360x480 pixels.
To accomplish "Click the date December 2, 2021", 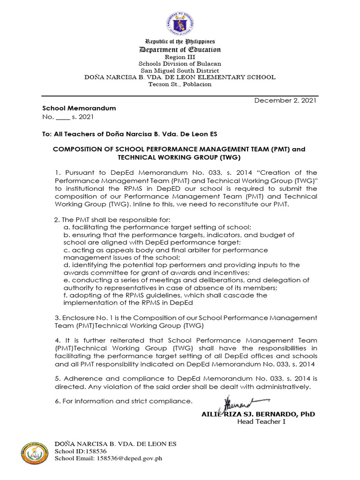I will click(285, 100).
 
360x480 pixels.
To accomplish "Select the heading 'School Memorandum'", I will click(86, 108).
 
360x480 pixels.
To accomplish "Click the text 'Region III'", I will click(180, 57).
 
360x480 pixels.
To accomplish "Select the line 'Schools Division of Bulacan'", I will click(180, 64).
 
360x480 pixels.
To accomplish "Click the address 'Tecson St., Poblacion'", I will click(180, 84).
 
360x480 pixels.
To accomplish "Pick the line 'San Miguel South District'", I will click(180, 70).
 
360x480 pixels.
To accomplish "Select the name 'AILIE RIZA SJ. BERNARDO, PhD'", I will click(258, 414).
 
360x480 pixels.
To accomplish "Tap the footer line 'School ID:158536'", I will click(77, 451).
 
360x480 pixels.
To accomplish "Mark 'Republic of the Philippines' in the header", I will click(180, 42).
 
